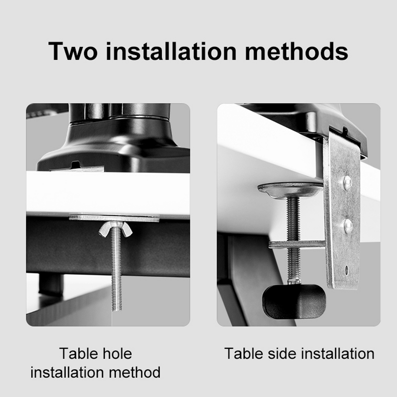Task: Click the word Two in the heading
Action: coord(73,51)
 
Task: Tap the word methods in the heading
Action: coord(296,51)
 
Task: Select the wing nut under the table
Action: coord(115,230)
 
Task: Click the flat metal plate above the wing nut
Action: coord(114,218)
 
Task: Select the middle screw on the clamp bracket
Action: coord(348,226)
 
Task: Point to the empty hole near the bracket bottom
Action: coord(346,270)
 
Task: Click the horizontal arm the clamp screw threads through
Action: coord(297,244)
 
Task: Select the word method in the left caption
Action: coord(135,373)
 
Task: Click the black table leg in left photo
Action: coord(51,284)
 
